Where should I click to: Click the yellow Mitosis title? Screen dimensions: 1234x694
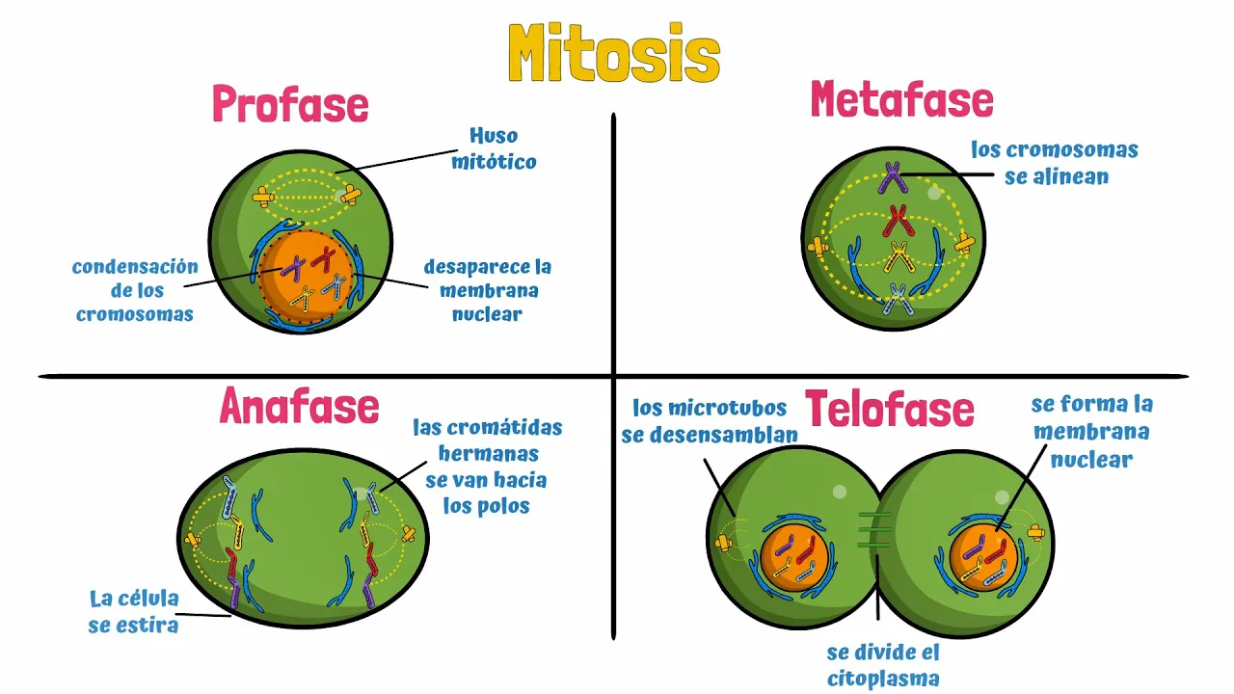(x=614, y=54)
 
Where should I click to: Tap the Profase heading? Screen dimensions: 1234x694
(x=290, y=104)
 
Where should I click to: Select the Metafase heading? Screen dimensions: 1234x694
(x=901, y=99)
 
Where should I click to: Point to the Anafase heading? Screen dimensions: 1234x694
(x=299, y=407)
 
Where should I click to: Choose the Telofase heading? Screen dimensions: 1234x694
(x=890, y=410)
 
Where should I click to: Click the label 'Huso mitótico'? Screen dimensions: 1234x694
(x=494, y=148)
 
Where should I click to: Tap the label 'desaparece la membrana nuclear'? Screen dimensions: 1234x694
(x=488, y=290)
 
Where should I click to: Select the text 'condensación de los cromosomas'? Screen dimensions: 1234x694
(x=135, y=290)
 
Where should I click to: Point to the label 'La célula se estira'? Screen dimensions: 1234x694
(x=135, y=612)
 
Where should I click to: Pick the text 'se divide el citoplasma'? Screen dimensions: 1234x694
(x=883, y=665)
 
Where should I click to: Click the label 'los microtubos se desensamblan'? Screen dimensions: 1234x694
(x=710, y=421)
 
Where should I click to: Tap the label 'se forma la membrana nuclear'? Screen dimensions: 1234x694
(x=1091, y=431)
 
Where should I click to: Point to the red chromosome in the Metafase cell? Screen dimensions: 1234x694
(x=900, y=221)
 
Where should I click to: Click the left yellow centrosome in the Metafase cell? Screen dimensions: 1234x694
(x=818, y=248)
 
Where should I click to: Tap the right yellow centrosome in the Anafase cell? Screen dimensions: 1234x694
(x=409, y=534)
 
